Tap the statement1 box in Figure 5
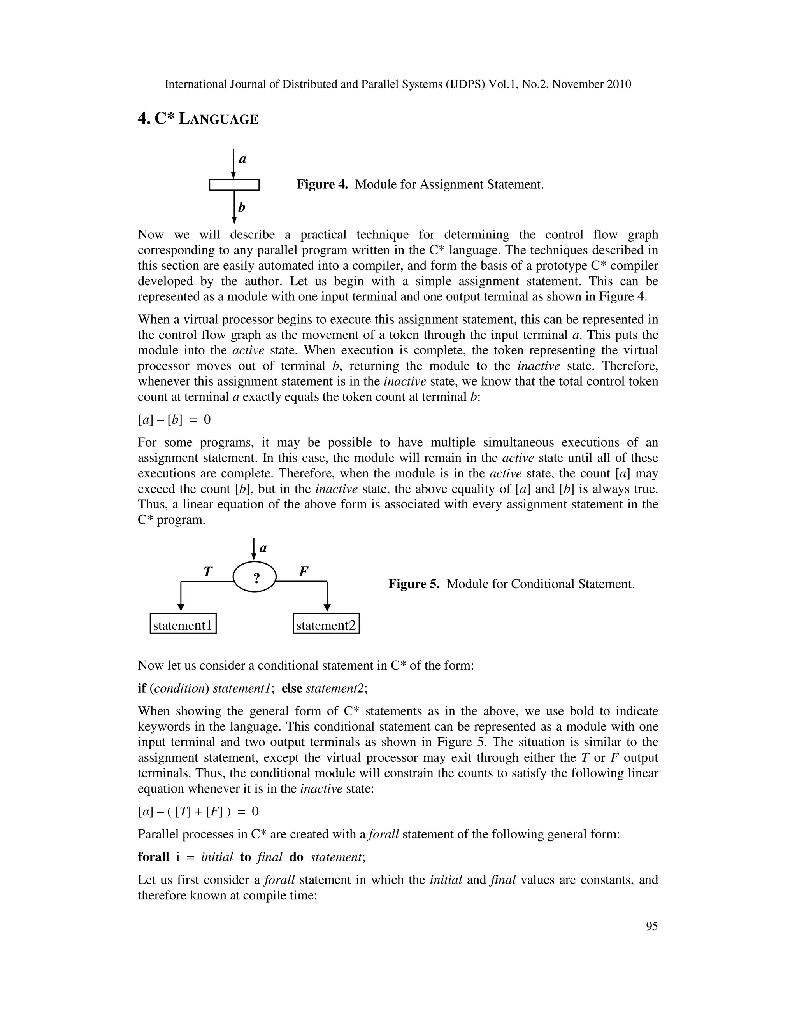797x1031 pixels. (x=183, y=625)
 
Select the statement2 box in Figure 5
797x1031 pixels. (x=326, y=625)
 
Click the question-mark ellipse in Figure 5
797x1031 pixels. (x=255, y=577)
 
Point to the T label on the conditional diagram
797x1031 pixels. (x=208, y=572)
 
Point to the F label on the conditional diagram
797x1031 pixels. (x=304, y=571)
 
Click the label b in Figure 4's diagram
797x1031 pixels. (x=242, y=207)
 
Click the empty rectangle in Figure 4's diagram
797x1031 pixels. (x=234, y=184)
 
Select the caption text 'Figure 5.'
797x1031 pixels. (x=414, y=584)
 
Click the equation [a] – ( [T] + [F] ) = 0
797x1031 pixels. (x=198, y=812)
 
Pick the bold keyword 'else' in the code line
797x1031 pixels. (x=292, y=688)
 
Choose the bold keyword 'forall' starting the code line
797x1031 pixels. (x=153, y=857)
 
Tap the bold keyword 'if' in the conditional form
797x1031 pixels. (x=142, y=688)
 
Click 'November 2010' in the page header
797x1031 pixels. (x=591, y=84)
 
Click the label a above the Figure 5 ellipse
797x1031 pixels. (x=263, y=548)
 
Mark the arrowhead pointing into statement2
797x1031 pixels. (x=327, y=608)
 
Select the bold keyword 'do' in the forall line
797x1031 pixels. (x=296, y=857)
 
